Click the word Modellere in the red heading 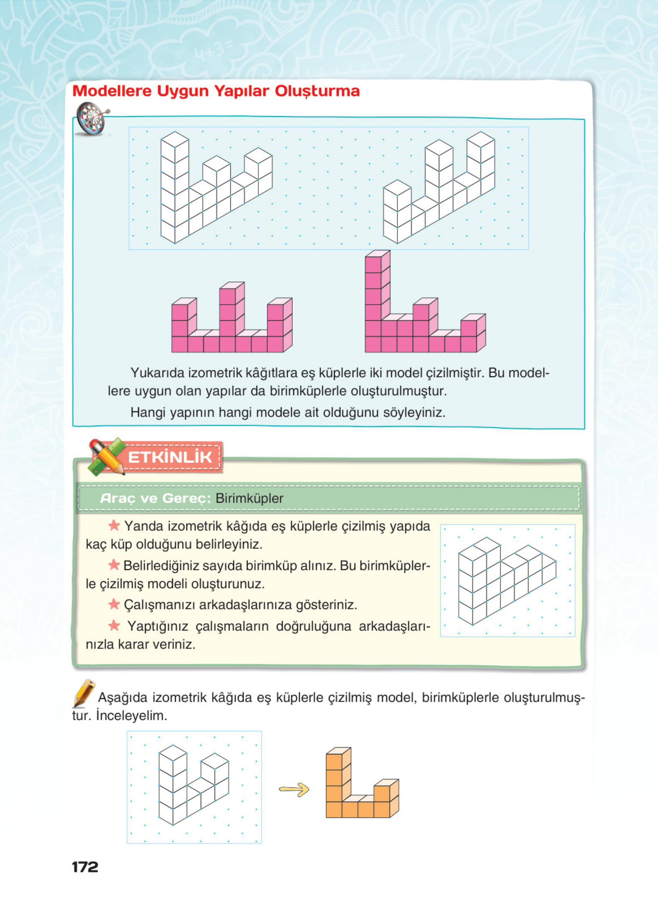click(x=112, y=91)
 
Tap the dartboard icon click(x=92, y=119)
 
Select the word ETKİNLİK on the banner click(x=170, y=457)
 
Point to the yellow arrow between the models click(x=294, y=790)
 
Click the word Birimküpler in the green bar click(x=249, y=498)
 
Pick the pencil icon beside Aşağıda click(x=84, y=693)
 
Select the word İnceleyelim click(x=131, y=716)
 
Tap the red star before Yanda click(x=114, y=526)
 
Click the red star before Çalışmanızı click(x=114, y=604)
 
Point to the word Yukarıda click(x=158, y=373)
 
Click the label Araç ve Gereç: click(x=155, y=498)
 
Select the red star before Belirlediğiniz click(x=114, y=565)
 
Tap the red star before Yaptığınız click(x=114, y=626)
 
